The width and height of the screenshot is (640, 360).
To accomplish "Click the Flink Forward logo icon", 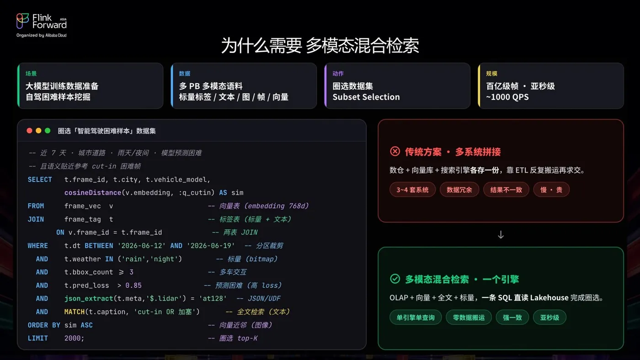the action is tap(22, 21).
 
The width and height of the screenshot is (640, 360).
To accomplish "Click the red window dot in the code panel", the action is tap(29, 131).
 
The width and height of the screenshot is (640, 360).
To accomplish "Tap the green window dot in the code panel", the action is tap(48, 131).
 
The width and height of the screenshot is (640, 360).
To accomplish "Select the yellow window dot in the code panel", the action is tap(38, 131).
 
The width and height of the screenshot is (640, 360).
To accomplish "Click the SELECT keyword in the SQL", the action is tap(40, 180).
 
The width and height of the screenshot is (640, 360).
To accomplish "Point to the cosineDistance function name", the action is tap(92, 193).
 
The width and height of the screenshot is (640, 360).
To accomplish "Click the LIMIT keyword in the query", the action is tap(37, 339).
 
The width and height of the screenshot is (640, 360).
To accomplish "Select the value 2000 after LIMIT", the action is tap(72, 339).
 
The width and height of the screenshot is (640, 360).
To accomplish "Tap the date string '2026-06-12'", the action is tap(141, 246).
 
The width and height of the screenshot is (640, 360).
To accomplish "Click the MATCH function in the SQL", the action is tap(74, 312).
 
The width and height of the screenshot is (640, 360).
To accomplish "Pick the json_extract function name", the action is tap(89, 299).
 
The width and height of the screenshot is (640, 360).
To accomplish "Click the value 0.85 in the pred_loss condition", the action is tap(133, 286).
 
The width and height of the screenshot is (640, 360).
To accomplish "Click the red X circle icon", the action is tap(395, 151).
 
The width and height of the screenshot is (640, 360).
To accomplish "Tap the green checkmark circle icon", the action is tap(395, 279).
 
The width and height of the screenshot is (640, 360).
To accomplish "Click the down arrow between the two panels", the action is tap(501, 235).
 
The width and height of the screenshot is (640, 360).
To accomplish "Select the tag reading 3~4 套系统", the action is tap(412, 190).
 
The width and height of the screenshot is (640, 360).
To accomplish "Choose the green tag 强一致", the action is tap(512, 317).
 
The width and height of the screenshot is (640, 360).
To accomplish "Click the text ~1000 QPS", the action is tap(507, 97).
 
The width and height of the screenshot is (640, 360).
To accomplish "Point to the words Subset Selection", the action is tap(366, 97).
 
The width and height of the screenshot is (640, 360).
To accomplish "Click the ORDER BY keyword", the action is tap(44, 325).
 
